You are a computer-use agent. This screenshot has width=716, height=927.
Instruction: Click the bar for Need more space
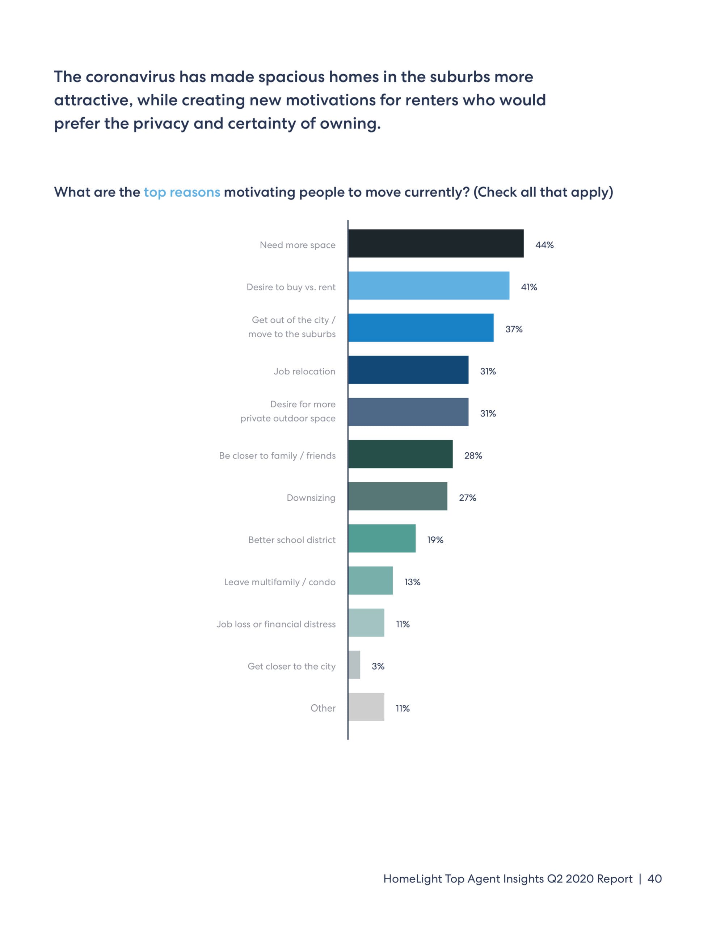pyautogui.click(x=435, y=243)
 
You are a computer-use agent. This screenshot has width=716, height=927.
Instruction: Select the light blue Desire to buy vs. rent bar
pyautogui.click(x=428, y=286)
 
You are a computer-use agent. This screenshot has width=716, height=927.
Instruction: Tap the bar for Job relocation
pyautogui.click(x=408, y=370)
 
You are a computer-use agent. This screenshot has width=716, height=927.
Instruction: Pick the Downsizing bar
pyautogui.click(x=397, y=496)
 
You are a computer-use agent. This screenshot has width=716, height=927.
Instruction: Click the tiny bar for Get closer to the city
pyautogui.click(x=354, y=665)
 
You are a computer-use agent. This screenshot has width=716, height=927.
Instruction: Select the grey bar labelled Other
pyautogui.click(x=366, y=707)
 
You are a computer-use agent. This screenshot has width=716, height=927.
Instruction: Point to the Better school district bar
pyautogui.click(x=382, y=538)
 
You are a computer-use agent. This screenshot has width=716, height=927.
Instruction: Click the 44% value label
pyautogui.click(x=544, y=245)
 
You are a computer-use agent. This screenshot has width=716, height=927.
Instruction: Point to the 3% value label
pyautogui.click(x=378, y=666)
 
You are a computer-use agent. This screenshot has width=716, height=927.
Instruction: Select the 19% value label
pyautogui.click(x=435, y=540)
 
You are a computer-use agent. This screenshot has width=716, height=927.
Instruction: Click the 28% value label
pyautogui.click(x=473, y=456)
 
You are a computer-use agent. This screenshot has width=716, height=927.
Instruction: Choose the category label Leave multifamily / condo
pyautogui.click(x=279, y=582)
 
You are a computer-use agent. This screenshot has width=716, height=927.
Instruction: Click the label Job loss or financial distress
pyautogui.click(x=276, y=624)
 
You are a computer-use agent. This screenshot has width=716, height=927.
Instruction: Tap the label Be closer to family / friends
pyautogui.click(x=277, y=456)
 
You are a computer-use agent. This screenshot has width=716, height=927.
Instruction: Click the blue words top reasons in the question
pyautogui.click(x=182, y=192)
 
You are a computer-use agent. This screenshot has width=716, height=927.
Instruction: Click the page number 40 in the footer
pyautogui.click(x=654, y=878)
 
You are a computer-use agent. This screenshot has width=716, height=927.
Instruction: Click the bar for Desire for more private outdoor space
pyautogui.click(x=408, y=412)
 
